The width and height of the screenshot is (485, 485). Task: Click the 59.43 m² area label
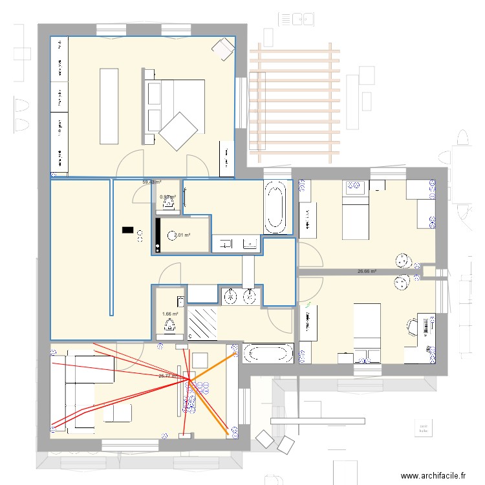153,182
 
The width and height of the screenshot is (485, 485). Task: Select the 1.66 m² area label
170,314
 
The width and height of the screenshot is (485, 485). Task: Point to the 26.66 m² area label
367,272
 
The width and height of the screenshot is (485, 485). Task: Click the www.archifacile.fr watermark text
433,475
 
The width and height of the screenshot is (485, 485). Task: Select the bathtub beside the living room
267,354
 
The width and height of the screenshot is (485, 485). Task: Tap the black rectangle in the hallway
127,230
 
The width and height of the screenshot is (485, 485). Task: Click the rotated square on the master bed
178,131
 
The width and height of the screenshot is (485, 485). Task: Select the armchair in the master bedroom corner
224,48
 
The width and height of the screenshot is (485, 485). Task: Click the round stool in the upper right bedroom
404,260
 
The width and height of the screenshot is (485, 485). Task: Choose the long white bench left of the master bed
109,105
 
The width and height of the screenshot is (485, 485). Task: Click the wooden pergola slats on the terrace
294,103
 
